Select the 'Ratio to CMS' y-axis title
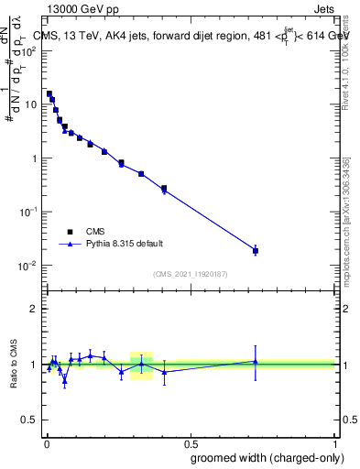tap(13, 365)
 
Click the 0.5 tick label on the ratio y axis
tap(31, 420)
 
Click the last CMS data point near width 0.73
tap(256, 250)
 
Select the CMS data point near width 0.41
tap(164, 189)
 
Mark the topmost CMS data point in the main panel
tap(49, 93)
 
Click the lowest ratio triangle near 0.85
tap(64, 380)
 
